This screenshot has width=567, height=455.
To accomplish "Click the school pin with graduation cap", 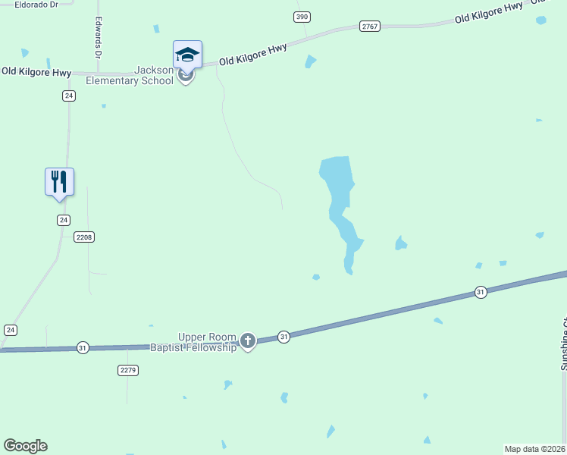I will [187, 55].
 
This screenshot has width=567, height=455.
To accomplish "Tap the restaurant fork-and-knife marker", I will [59, 182].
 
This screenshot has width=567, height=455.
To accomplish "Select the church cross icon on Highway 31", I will [247, 342].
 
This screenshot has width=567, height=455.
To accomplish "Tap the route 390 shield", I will [302, 17].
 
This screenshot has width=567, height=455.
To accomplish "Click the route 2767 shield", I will [370, 27].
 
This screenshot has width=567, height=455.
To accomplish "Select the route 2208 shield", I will [84, 237].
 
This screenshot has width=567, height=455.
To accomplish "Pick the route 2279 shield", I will [128, 370].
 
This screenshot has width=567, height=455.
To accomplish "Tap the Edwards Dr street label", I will [98, 38].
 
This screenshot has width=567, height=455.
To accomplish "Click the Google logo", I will [25, 446].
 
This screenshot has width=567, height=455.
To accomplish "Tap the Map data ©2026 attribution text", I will [535, 449].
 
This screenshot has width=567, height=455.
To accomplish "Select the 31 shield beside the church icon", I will [283, 337].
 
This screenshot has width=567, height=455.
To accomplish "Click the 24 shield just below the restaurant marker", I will [64, 220].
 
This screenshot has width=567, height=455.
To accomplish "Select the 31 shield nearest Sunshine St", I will [480, 292].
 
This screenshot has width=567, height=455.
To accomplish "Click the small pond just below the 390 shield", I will [310, 61].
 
